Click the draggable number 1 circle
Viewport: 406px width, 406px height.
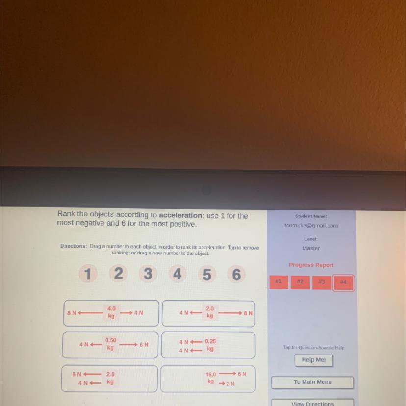click(x=88, y=274)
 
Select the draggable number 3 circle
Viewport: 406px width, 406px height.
click(x=148, y=274)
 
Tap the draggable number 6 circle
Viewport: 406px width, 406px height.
click(x=236, y=274)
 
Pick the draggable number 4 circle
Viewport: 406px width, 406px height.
click(x=178, y=274)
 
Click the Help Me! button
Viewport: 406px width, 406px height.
click(x=313, y=360)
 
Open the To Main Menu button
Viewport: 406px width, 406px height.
click(x=312, y=382)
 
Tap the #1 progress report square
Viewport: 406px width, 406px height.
click(x=279, y=282)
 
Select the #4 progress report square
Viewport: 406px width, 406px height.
click(x=343, y=282)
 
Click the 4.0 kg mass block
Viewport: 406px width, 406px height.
click(x=111, y=312)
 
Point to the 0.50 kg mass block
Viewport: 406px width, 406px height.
click(x=110, y=344)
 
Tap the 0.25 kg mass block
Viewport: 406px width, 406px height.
click(x=210, y=345)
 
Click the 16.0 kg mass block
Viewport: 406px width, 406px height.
click(x=211, y=378)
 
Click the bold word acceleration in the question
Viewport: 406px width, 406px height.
click(x=180, y=215)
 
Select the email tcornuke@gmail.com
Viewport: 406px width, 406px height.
click(x=311, y=225)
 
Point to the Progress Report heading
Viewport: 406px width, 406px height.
click(x=311, y=265)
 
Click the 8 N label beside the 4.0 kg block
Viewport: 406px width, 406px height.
click(x=72, y=313)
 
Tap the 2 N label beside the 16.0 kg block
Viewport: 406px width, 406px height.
click(x=230, y=384)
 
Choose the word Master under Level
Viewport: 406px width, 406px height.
click(x=311, y=248)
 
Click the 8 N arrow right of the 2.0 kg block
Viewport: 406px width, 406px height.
click(x=230, y=313)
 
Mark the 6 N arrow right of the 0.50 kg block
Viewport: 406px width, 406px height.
click(x=128, y=344)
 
